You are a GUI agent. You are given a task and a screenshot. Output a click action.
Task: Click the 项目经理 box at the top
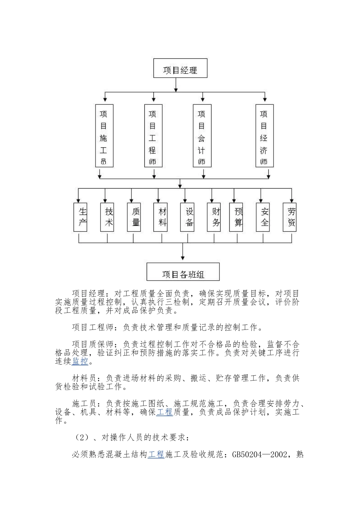(x=180, y=68)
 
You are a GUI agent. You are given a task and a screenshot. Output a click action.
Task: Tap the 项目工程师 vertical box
(x=153, y=136)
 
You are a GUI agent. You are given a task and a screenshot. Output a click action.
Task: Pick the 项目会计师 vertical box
(x=202, y=136)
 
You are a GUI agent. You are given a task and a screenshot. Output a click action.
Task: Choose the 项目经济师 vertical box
(x=264, y=136)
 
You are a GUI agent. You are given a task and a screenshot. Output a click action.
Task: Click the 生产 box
(x=80, y=217)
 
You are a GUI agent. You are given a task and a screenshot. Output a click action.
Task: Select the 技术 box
(x=107, y=217)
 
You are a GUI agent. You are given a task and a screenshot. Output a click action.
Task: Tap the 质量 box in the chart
(x=134, y=217)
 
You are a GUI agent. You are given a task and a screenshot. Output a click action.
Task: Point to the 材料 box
(x=161, y=217)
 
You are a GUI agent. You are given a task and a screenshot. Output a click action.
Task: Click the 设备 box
(x=188, y=217)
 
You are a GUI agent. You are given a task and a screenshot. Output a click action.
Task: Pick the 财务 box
(x=214, y=217)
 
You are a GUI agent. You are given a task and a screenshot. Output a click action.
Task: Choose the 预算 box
(x=236, y=217)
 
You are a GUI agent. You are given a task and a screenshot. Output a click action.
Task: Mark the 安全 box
(x=263, y=217)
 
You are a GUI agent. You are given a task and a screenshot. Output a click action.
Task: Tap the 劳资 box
(x=290, y=217)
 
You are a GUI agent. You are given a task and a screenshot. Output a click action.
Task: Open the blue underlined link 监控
(x=80, y=361)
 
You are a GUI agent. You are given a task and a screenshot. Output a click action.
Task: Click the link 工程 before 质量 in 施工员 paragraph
(x=164, y=412)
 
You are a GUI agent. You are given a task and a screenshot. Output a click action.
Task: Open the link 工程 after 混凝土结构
(x=156, y=454)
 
